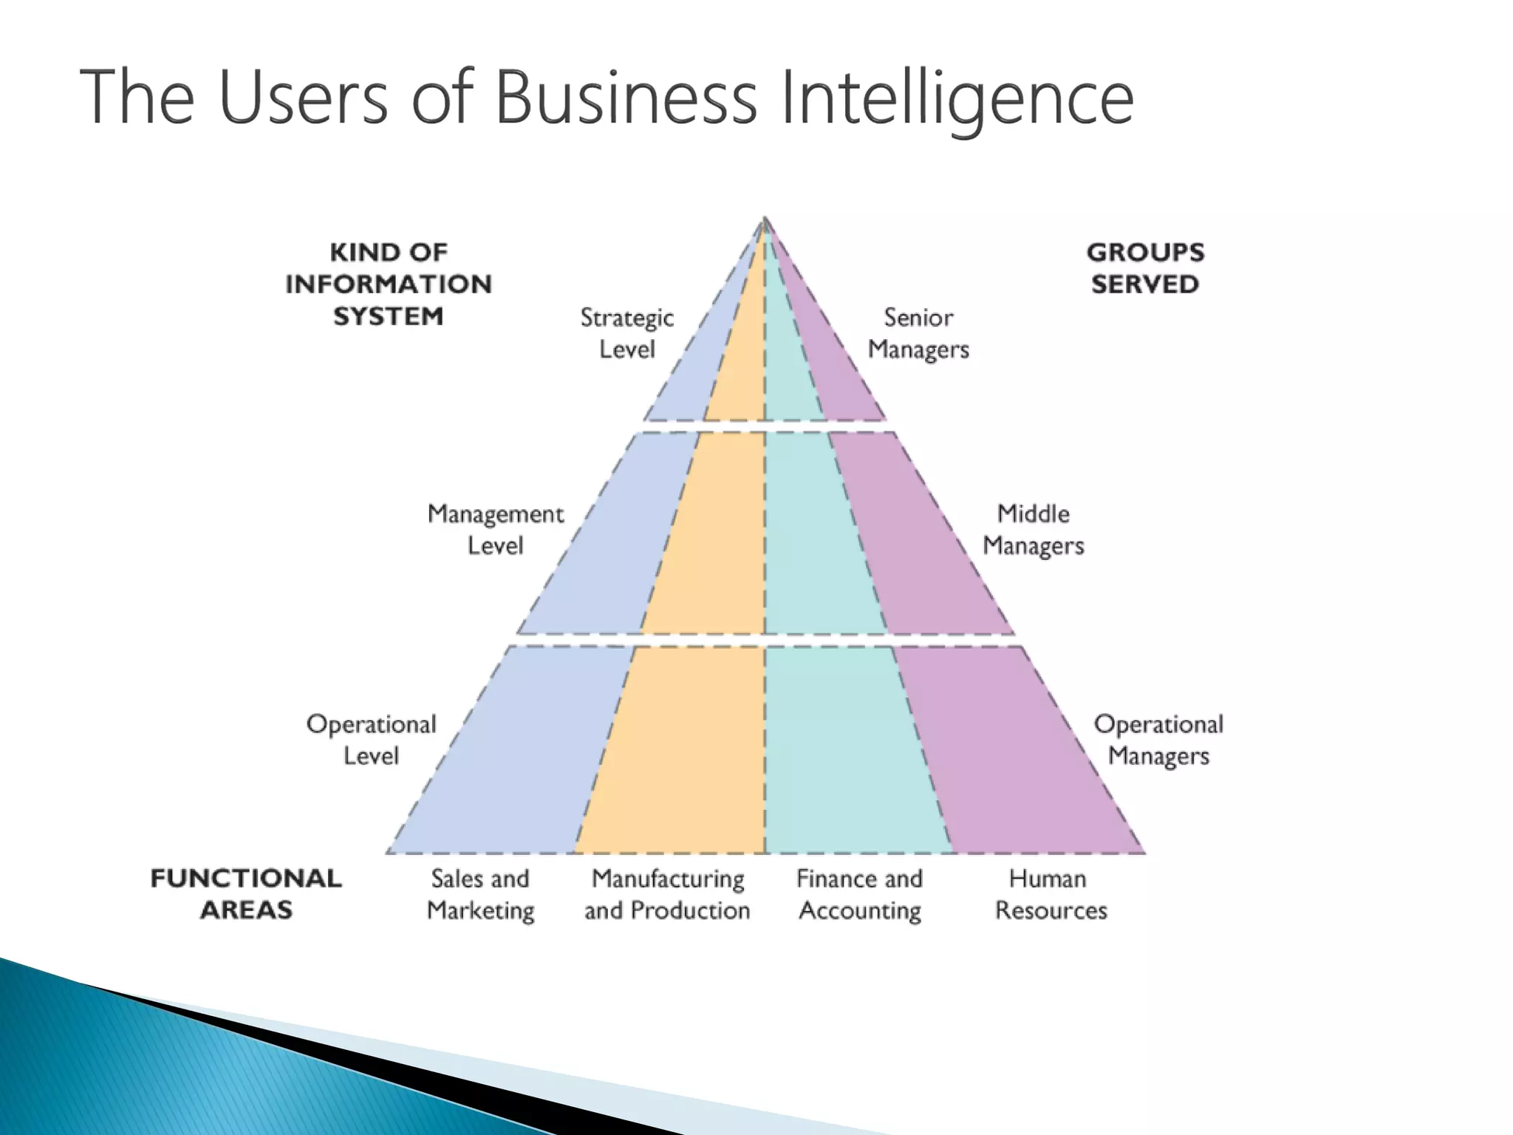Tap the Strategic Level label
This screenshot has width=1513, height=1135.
pos(626,333)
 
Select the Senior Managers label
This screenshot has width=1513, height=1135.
pos(918,333)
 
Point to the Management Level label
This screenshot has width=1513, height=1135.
pos(495,529)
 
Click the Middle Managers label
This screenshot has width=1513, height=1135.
pos(1033,529)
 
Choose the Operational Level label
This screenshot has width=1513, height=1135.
pos(371,740)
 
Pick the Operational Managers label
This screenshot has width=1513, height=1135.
pos(1158,740)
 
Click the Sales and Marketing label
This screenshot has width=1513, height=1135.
pos(480,894)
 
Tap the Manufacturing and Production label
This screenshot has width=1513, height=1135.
pos(667,894)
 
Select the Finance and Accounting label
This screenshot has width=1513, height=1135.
pos(860,894)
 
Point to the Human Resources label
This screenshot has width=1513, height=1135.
pos(1051,894)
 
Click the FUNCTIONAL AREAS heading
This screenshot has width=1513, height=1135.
pos(246,893)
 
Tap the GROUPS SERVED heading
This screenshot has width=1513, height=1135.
pos(1145,267)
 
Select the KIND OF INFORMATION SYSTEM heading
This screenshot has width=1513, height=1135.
pos(389,284)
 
